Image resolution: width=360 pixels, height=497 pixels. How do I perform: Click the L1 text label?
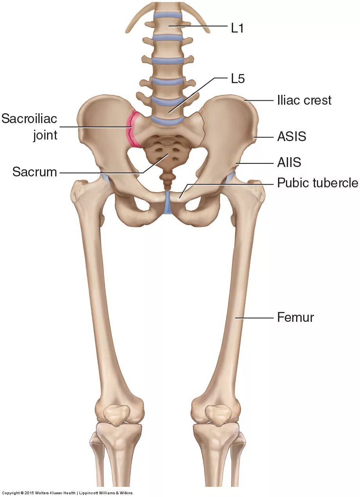click(x=237, y=28)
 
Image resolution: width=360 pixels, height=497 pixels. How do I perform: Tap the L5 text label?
click(x=237, y=79)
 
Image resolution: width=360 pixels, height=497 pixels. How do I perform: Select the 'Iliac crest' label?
click(x=304, y=100)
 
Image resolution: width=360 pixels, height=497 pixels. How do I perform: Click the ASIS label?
click(x=291, y=137)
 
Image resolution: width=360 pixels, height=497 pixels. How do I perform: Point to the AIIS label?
click(x=289, y=162)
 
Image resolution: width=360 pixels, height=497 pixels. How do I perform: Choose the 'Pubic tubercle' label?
click(x=317, y=183)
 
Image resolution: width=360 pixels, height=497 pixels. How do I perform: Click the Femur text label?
click(x=295, y=317)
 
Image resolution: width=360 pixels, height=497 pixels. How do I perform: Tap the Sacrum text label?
click(x=34, y=172)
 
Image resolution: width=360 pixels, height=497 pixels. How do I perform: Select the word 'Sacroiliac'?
click(x=29, y=118)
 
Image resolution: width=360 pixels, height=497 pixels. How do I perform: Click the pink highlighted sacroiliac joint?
click(x=132, y=129)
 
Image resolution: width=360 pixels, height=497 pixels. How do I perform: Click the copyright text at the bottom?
click(x=67, y=493)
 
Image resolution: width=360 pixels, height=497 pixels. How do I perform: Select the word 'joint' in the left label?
click(x=45, y=135)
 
